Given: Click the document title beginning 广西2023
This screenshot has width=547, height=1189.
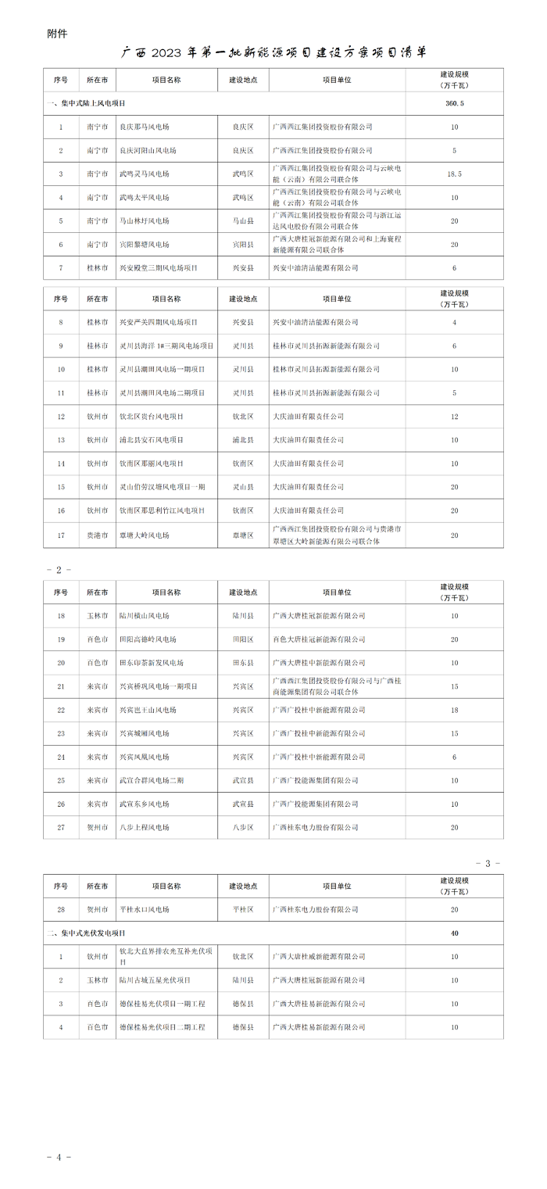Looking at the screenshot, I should click(x=273, y=53).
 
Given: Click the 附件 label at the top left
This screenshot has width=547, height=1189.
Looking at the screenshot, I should click(x=57, y=34).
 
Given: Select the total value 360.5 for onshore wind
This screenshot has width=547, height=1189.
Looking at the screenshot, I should click(x=454, y=103).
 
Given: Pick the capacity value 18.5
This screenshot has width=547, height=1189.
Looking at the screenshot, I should click(x=454, y=174).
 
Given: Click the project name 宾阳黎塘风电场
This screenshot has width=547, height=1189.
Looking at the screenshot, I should click(x=144, y=244).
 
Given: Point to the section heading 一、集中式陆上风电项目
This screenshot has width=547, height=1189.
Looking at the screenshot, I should click(x=86, y=103).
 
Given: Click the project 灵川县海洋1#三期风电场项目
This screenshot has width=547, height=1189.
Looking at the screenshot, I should click(x=166, y=346).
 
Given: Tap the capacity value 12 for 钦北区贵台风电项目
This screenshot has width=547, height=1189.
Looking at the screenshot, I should click(x=454, y=416).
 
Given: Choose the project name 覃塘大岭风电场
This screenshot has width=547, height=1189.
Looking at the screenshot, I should click(x=144, y=535).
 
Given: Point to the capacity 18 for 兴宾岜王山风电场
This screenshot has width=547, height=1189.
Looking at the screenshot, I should click(x=454, y=710).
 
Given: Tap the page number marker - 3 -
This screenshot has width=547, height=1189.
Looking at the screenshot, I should click(x=488, y=863).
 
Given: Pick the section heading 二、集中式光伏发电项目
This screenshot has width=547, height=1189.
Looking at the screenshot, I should click(x=86, y=933).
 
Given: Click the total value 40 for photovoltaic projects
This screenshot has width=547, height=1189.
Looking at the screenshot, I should click(x=454, y=933).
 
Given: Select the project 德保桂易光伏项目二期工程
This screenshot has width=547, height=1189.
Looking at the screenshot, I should click(x=162, y=1026).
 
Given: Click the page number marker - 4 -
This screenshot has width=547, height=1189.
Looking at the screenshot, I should click(x=59, y=1156).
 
